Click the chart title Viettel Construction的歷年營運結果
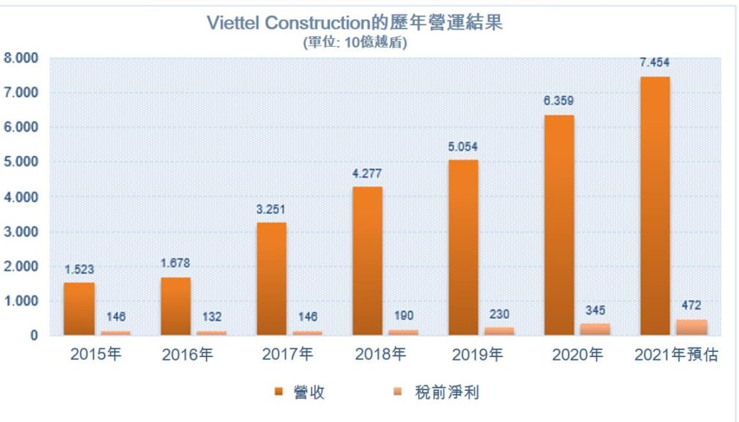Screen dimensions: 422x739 click(x=354, y=22)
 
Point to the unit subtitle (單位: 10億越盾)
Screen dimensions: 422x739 click(x=354, y=43)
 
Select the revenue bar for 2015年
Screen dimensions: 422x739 click(x=79, y=309)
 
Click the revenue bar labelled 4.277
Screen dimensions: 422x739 click(x=367, y=261)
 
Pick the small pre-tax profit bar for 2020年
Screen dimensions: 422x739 click(x=595, y=329)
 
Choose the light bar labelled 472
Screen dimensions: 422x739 click(x=691, y=327)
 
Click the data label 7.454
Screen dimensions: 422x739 click(x=655, y=63)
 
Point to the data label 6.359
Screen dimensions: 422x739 click(x=559, y=101)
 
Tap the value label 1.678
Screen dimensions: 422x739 click(x=175, y=263)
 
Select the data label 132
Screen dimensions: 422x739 click(x=211, y=317)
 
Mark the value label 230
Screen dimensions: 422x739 click(x=499, y=313)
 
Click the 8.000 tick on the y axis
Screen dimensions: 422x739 click(x=20, y=58)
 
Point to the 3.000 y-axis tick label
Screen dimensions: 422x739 click(x=20, y=232)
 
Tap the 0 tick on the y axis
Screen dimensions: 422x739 click(x=33, y=335)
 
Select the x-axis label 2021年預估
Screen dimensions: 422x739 click(x=675, y=355)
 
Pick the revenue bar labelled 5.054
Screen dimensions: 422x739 click(x=463, y=247)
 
